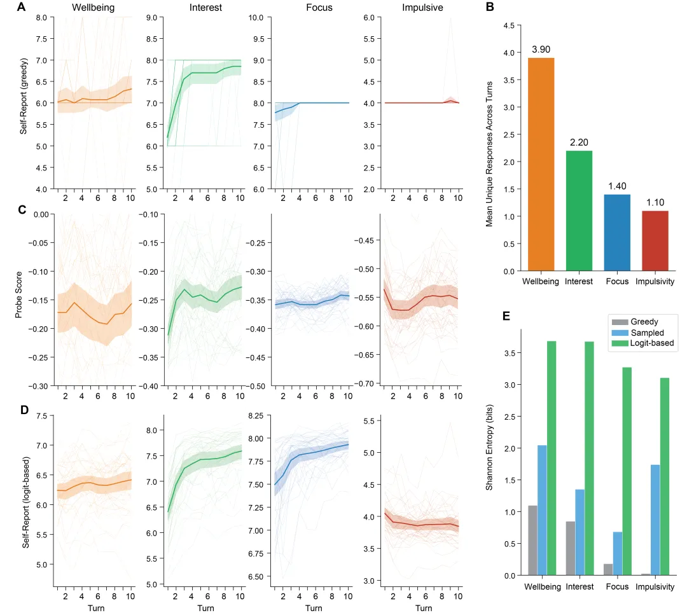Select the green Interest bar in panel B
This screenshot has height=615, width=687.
578,211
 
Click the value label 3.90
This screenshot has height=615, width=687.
541,50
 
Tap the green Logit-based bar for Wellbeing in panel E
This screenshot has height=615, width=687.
552,458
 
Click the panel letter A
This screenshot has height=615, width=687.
22,8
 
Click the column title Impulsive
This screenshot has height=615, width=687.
422,8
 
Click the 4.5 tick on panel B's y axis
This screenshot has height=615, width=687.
509,26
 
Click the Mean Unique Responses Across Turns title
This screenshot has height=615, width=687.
489,148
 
